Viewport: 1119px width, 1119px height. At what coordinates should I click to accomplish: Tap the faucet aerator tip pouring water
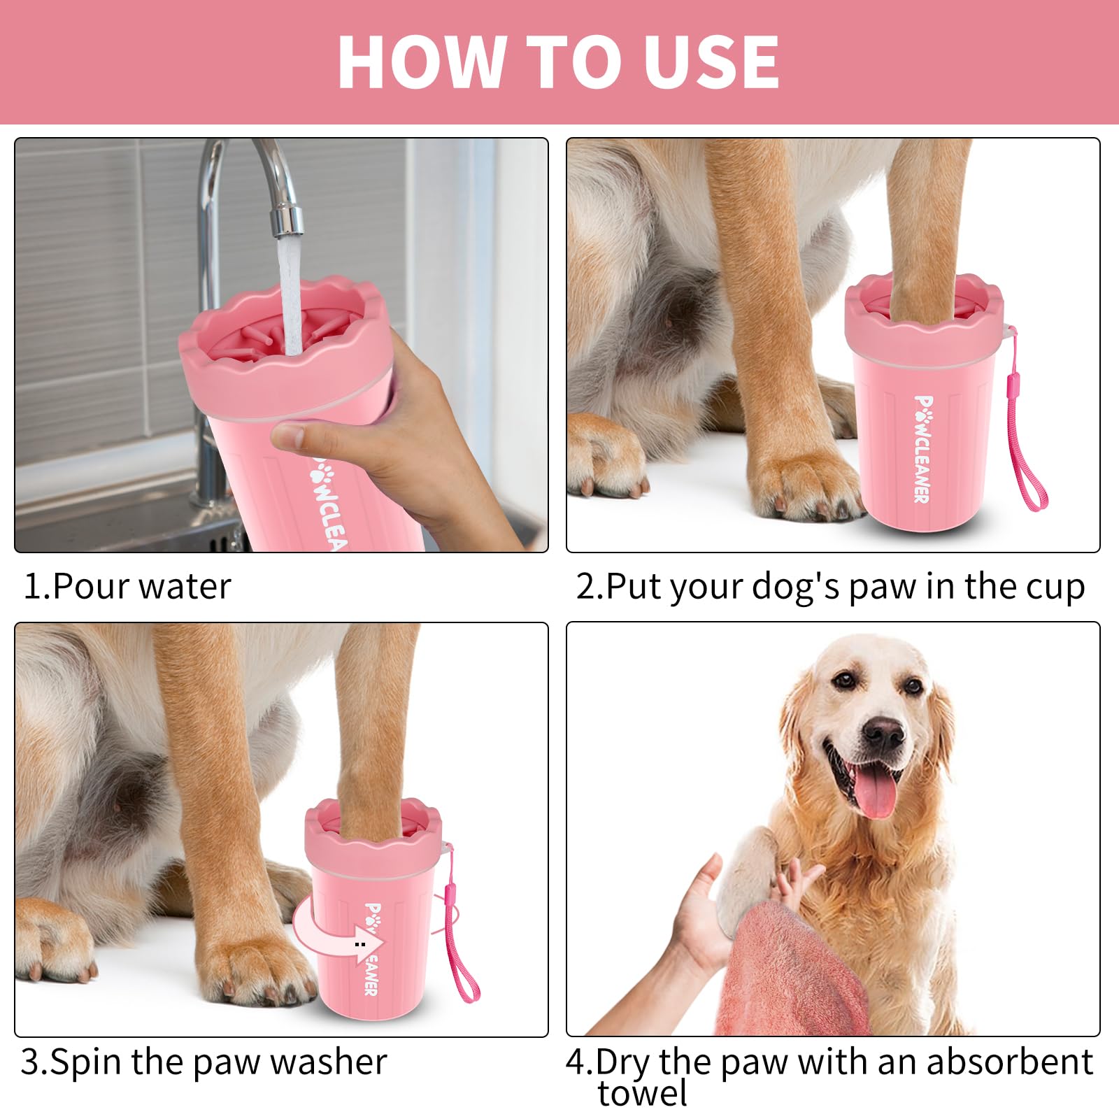coord(287,220)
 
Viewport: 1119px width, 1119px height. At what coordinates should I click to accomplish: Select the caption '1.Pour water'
coord(127,586)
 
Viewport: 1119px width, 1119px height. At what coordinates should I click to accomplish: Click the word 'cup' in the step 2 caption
coord(1055,586)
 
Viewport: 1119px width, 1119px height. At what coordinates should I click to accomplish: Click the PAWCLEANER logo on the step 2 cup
coord(922,448)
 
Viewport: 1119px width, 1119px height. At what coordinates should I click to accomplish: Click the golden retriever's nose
coord(883,732)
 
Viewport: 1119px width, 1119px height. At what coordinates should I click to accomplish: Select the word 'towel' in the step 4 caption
coord(642,1093)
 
